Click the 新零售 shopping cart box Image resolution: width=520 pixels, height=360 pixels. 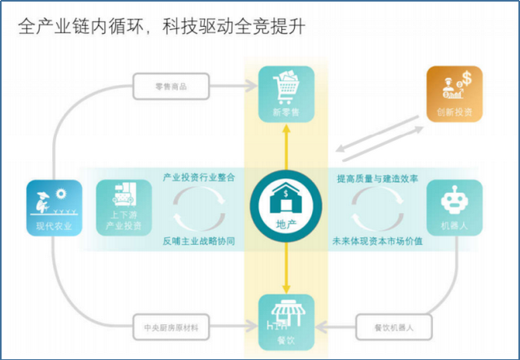(x=286, y=93)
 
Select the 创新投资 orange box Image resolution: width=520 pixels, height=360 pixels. (x=454, y=93)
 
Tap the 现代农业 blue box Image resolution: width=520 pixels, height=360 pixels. (x=54, y=208)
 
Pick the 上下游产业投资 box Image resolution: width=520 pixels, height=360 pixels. (x=123, y=208)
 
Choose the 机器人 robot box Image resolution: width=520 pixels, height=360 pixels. (x=454, y=208)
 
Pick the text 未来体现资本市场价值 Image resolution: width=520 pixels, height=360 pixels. (x=377, y=241)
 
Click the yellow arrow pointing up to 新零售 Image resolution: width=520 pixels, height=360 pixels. (x=286, y=146)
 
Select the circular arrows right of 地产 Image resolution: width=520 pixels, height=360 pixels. (x=376, y=208)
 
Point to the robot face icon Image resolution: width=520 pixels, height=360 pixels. (x=454, y=202)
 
